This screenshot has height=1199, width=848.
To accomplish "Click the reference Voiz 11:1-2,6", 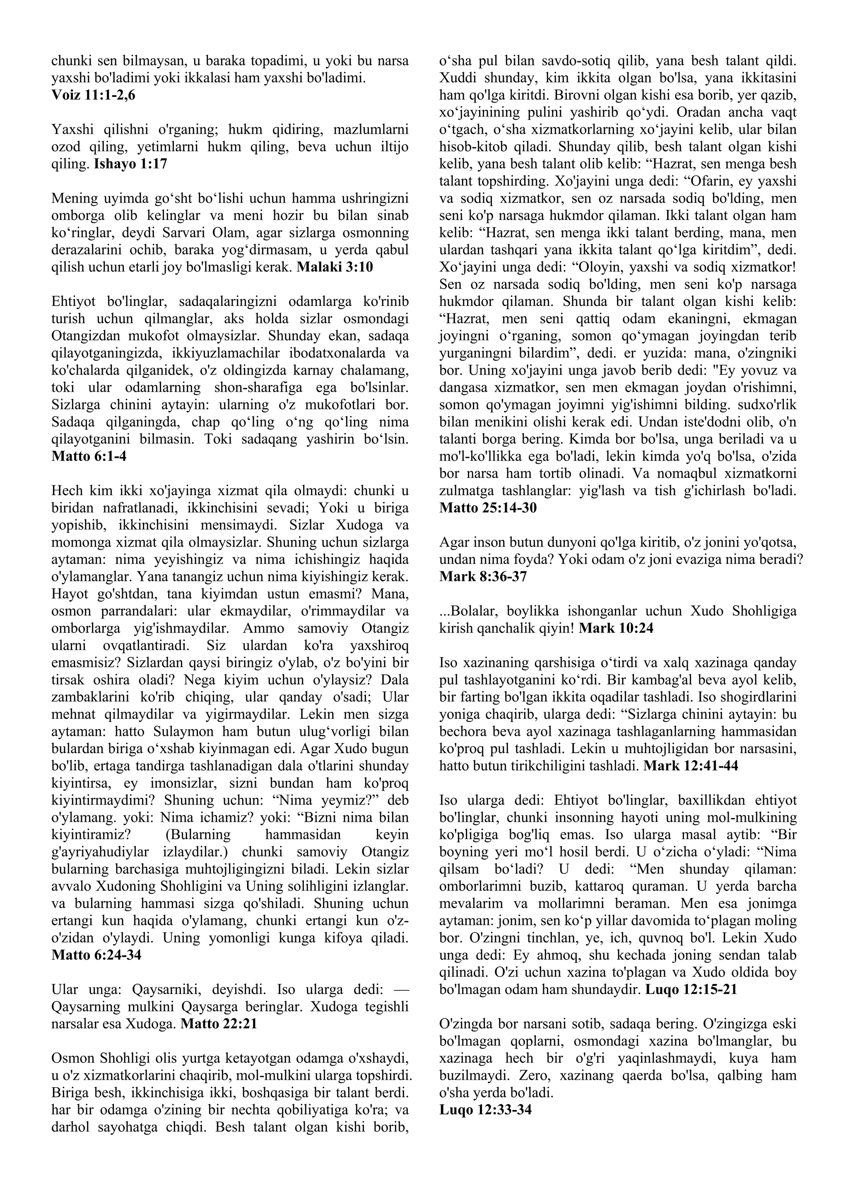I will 94,96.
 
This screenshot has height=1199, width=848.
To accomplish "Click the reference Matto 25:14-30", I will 488,508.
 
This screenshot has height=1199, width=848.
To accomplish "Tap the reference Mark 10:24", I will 616,628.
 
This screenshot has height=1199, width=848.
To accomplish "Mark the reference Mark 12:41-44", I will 691,766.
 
